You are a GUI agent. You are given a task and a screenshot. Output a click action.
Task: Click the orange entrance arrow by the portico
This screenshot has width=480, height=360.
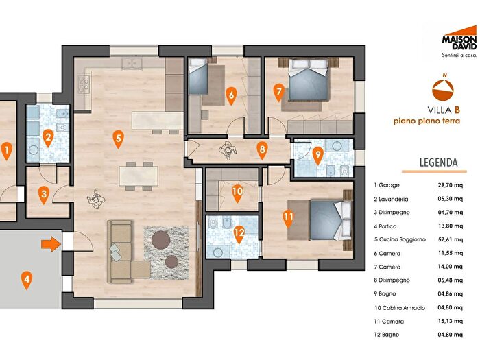coord(51,243)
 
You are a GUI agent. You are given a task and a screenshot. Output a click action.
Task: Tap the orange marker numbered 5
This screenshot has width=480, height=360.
coord(118,140)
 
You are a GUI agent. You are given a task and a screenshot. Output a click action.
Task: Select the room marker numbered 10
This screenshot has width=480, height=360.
coord(237,194)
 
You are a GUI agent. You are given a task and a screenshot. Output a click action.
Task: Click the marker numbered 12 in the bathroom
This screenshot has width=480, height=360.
coord(239,235)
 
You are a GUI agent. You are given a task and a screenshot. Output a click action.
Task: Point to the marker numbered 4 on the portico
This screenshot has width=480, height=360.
coord(27,280)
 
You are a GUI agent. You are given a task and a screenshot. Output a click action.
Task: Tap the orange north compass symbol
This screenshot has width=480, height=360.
coord(443,89)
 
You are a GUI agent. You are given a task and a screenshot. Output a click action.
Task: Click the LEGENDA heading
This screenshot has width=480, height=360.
coord(438,163)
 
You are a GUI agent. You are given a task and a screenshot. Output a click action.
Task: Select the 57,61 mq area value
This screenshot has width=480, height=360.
coord(451,239)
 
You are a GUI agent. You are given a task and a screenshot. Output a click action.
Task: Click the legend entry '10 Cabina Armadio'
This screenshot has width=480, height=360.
coord(400,308)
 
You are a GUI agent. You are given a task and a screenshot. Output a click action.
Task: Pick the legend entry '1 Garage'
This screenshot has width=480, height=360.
coord(387,185)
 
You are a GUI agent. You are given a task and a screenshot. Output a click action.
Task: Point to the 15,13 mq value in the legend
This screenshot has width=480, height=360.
coord(451,321)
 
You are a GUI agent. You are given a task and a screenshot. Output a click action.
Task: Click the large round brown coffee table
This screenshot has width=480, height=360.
coord(161,240)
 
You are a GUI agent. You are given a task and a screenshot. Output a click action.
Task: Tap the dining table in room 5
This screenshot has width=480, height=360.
coord(139,176)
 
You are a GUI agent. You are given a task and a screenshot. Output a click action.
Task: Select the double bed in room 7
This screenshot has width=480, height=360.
coord(309,80)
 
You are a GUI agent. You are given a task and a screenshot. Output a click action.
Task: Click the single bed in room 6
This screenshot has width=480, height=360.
coord(198,76)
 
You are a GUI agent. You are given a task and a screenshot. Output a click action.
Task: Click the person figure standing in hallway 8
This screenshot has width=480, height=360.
coord(228,150)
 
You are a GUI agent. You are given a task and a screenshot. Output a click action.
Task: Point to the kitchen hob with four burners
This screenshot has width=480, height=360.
coord(84,84)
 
